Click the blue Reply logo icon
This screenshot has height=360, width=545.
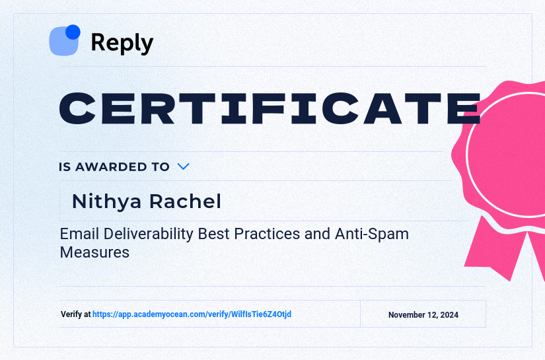click(63, 41)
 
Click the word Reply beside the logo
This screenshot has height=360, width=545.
click(122, 43)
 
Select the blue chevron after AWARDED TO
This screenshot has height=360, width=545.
click(184, 166)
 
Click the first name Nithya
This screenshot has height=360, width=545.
click(106, 201)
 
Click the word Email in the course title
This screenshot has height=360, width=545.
click(77, 234)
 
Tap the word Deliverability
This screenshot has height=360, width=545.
click(145, 234)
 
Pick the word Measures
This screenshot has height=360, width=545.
click(94, 252)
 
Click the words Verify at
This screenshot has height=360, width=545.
click(75, 314)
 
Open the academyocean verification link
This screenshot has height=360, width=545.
click(192, 314)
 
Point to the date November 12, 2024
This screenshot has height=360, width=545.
click(423, 315)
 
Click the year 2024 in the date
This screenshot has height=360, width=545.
click(448, 315)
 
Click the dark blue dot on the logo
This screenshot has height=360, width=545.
click(73, 32)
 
